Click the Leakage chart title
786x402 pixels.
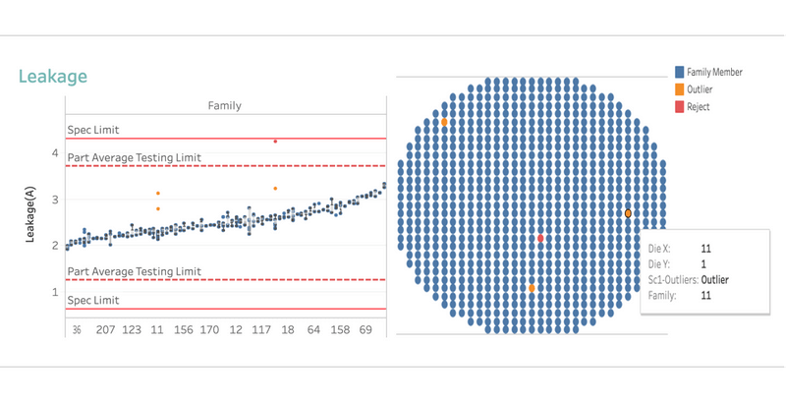point(53,76)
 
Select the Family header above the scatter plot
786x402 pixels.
point(226,105)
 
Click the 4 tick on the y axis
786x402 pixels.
point(55,153)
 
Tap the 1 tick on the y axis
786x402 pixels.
point(55,292)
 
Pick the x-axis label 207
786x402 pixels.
point(106,331)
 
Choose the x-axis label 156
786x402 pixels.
point(183,331)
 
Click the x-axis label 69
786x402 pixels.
point(365,331)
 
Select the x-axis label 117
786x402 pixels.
point(261,331)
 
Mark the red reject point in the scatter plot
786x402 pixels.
point(275,142)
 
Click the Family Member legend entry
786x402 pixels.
point(714,72)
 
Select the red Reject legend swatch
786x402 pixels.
point(679,107)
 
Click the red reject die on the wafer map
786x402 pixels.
point(540,239)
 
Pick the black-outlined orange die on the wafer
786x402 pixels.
point(628,213)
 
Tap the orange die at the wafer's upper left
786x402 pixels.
point(444,122)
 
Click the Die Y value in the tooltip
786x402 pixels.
point(703,263)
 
